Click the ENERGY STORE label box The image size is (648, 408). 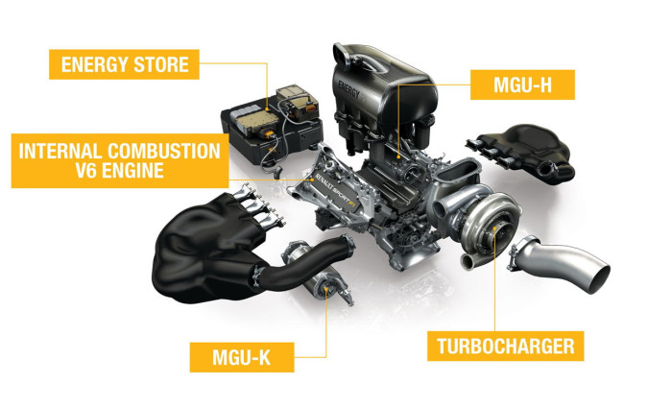124,64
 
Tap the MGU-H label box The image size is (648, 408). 522,84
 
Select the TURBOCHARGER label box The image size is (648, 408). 505,346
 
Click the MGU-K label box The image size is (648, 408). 242,357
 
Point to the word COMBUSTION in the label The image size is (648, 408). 164,152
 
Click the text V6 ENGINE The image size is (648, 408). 120,170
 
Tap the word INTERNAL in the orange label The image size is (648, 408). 60,152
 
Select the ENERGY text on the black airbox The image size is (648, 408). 349,89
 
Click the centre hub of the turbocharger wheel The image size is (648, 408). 496,228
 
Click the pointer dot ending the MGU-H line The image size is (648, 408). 398,156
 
